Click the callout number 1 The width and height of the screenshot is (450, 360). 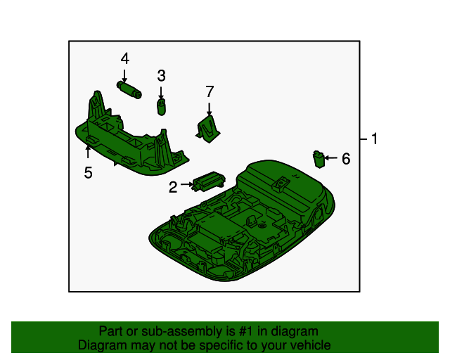click(x=374, y=139)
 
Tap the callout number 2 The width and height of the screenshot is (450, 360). click(x=173, y=187)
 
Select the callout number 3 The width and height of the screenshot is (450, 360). click(x=161, y=75)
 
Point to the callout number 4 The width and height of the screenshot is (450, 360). click(x=125, y=58)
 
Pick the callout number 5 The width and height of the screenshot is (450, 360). click(x=89, y=172)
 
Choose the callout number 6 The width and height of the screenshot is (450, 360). click(x=346, y=159)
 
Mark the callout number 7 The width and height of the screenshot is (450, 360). click(x=210, y=91)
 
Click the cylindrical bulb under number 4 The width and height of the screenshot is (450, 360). click(x=129, y=90)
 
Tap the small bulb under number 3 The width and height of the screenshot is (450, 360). click(x=162, y=107)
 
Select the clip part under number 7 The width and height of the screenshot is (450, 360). click(x=208, y=129)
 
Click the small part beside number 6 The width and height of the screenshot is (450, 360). click(x=319, y=160)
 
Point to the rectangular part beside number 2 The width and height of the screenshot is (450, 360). click(x=209, y=181)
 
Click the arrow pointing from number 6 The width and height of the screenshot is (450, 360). click(x=331, y=158)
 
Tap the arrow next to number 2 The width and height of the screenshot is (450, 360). click(x=187, y=184)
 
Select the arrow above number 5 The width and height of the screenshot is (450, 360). click(x=88, y=152)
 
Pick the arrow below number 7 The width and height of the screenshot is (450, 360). click(x=210, y=110)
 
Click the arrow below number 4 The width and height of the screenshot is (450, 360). click(x=124, y=76)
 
